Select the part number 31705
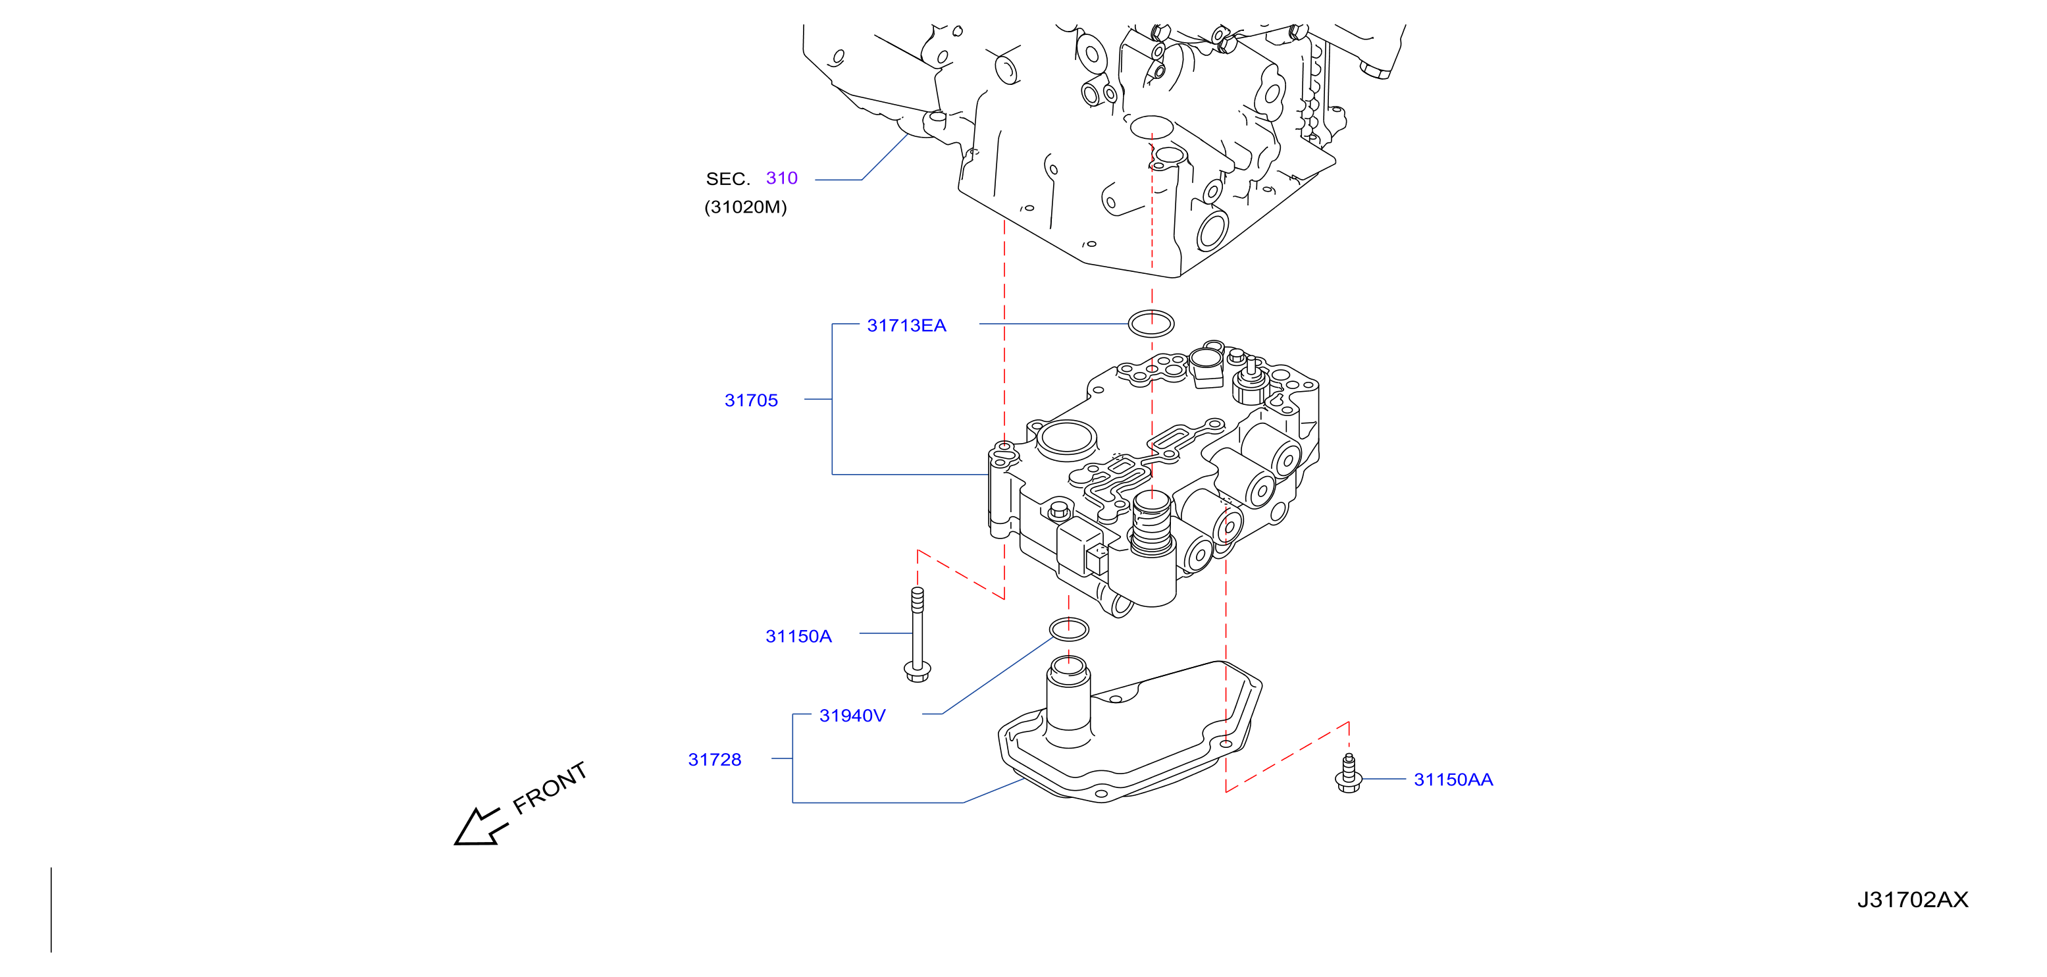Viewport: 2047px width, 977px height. click(x=751, y=400)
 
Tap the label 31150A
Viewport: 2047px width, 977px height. click(x=798, y=636)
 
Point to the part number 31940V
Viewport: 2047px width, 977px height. click(x=852, y=716)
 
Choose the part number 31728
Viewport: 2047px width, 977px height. click(x=714, y=759)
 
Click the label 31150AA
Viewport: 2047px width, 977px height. click(x=1453, y=779)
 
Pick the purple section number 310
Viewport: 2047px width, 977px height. click(x=781, y=178)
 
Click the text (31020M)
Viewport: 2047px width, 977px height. click(x=745, y=207)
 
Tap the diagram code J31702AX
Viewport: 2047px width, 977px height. click(x=1912, y=899)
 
